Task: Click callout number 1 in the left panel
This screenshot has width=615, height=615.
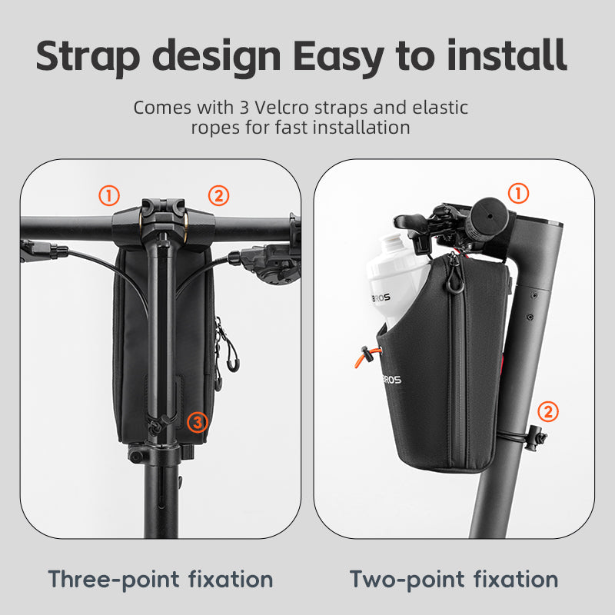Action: [x=110, y=195]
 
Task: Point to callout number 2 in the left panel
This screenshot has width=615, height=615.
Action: [x=219, y=195]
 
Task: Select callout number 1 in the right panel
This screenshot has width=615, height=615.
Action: [x=519, y=194]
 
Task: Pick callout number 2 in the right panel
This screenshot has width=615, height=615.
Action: [x=548, y=411]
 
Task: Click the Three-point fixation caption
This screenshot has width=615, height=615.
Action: [x=161, y=578]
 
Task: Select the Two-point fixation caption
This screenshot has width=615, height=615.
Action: [x=454, y=578]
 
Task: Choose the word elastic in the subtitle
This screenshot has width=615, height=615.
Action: [x=439, y=108]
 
